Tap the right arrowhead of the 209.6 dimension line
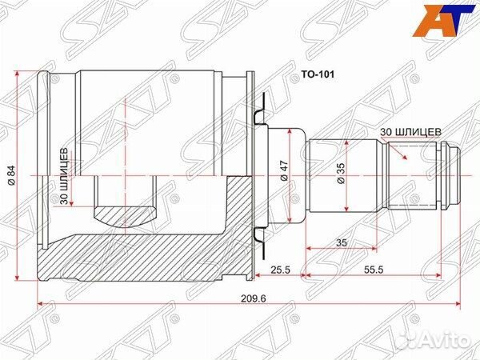[458, 305]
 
